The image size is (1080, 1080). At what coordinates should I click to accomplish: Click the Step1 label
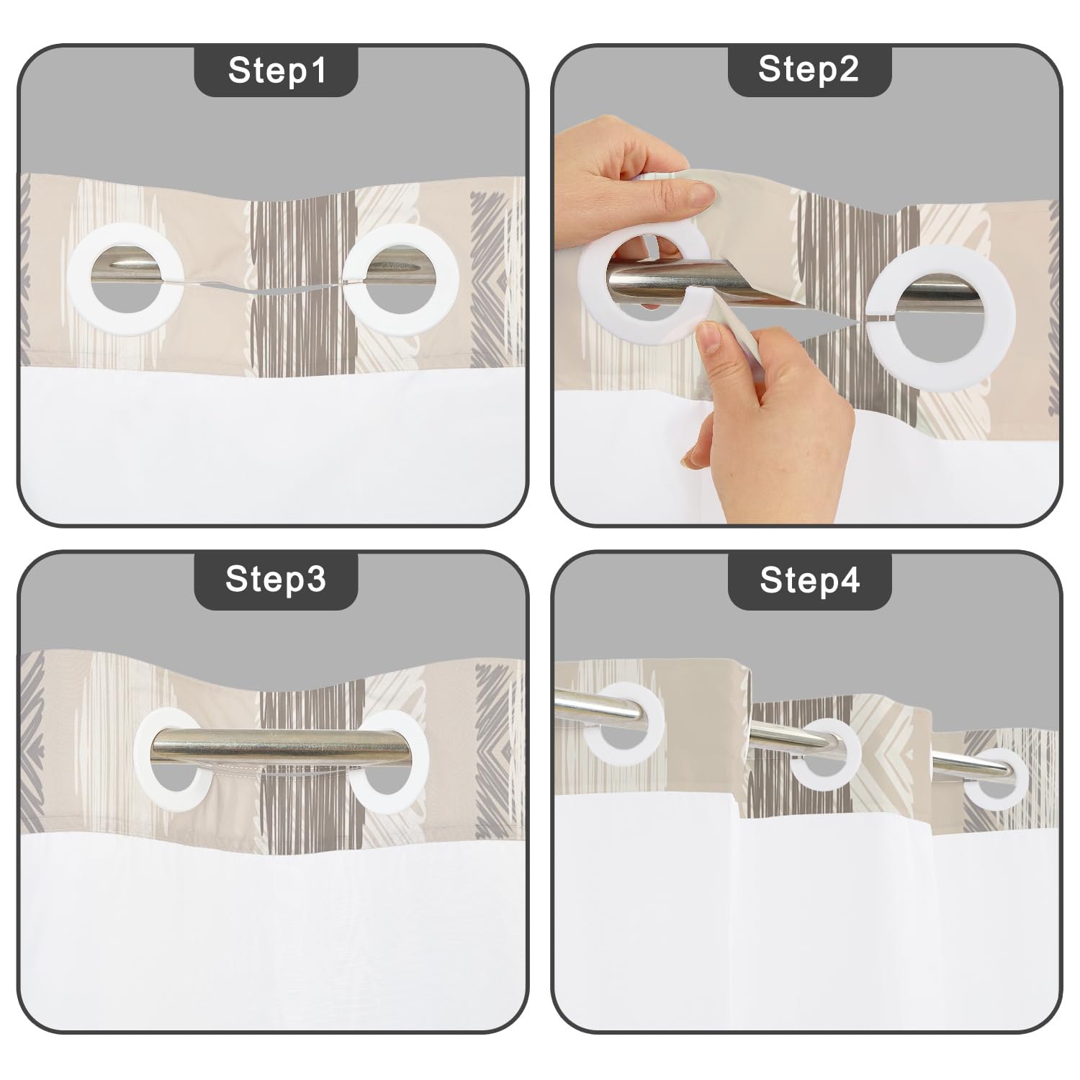[x=277, y=71]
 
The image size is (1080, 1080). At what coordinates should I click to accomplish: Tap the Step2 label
[x=809, y=70]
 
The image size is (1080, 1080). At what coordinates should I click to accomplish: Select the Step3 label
[x=276, y=578]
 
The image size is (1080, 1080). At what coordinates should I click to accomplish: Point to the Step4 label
[x=810, y=580]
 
